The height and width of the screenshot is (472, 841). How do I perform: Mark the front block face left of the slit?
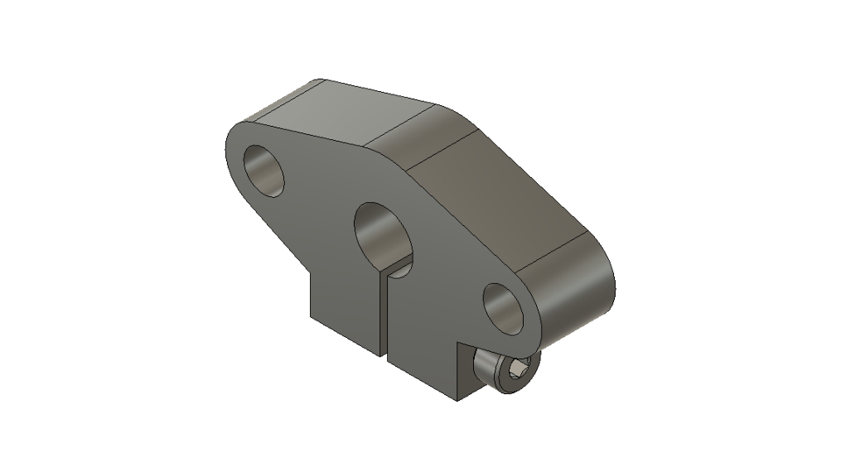[346, 306]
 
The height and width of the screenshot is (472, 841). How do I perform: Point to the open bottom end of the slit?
[384, 355]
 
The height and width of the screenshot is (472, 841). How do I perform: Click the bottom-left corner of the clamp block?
[311, 319]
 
